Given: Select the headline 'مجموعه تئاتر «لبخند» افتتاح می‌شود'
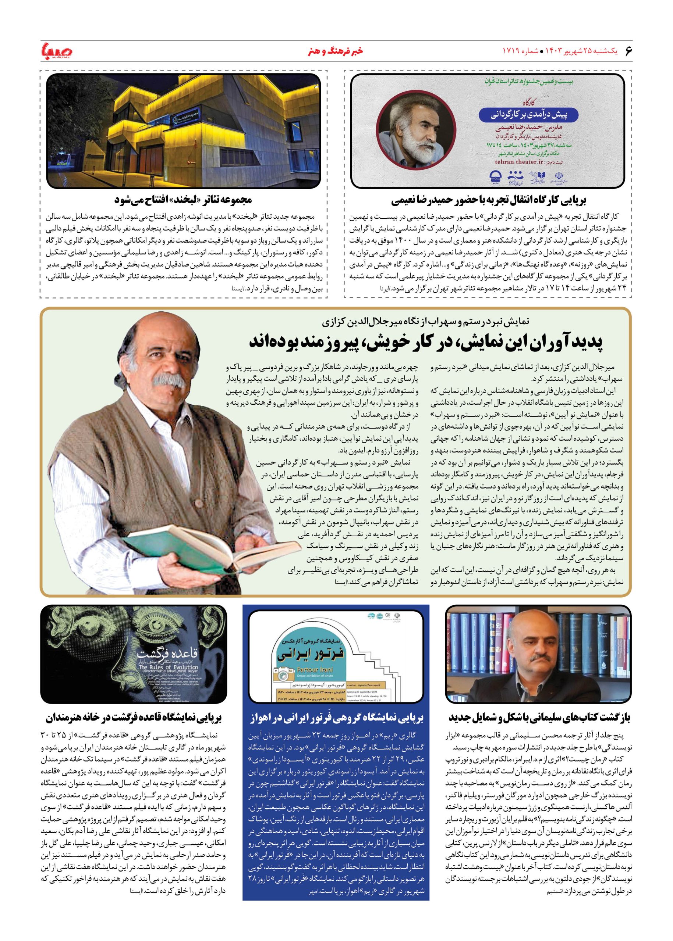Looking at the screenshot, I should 184,200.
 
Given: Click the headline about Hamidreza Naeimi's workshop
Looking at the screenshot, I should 489,201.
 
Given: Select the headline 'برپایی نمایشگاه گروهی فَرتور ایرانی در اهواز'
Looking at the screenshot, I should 336,718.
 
